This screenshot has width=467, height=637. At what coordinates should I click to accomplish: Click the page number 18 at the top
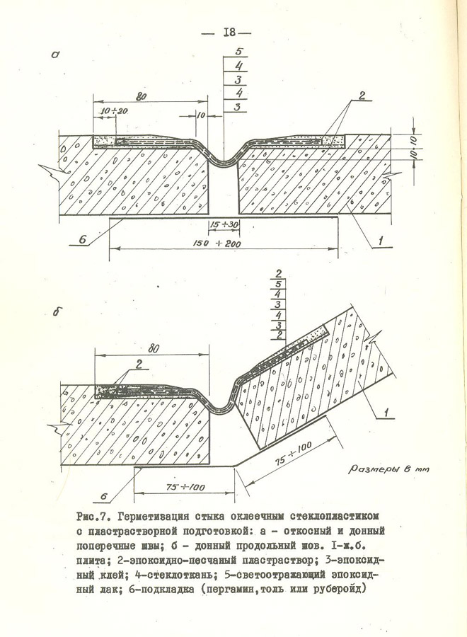click(231, 32)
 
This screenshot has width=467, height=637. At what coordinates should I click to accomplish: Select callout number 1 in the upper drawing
click(381, 243)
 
